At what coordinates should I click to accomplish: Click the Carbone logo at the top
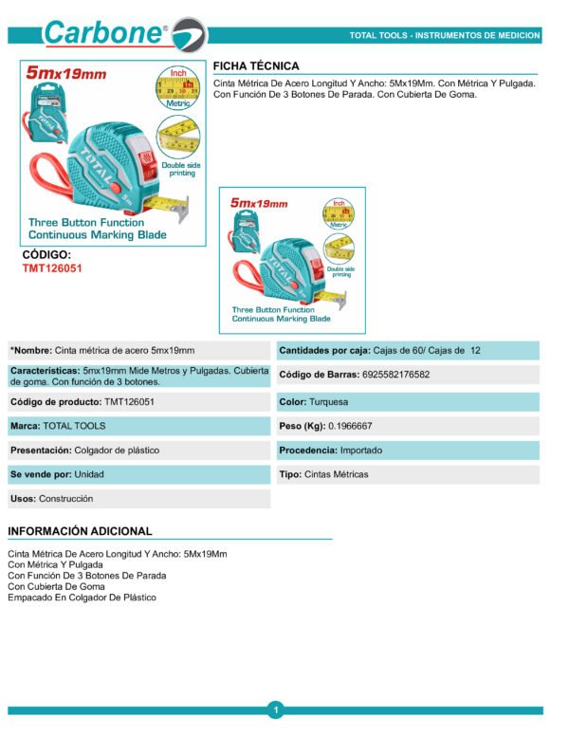(x=123, y=34)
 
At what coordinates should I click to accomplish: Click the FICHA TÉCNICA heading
(x=256, y=66)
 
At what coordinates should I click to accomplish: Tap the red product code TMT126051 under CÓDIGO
(x=52, y=268)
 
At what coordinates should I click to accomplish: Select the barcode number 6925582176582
(x=395, y=375)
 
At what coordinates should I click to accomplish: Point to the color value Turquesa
(x=328, y=402)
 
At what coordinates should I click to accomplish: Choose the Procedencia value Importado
(x=370, y=450)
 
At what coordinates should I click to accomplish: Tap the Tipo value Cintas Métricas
(x=337, y=474)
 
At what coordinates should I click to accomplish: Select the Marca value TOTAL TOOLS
(x=75, y=427)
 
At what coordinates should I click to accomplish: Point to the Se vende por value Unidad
(x=89, y=474)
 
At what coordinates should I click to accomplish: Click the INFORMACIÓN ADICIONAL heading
(x=80, y=531)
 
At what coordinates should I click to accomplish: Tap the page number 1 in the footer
(x=275, y=709)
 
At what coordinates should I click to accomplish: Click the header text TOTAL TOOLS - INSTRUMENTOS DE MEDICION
(x=445, y=35)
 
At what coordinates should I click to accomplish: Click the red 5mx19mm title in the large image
(x=66, y=75)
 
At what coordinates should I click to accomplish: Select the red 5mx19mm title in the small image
(x=259, y=203)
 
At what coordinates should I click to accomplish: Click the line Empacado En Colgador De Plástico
(x=82, y=598)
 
